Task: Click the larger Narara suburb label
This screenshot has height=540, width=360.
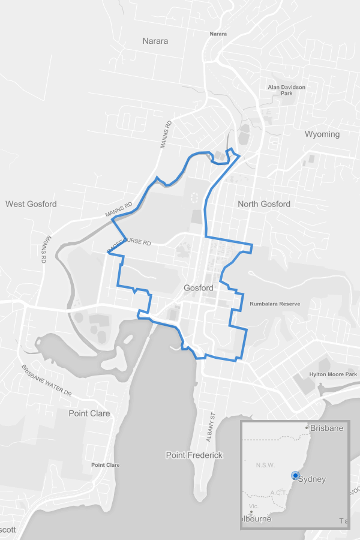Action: pyautogui.click(x=155, y=41)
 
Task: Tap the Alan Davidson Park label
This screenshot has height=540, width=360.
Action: pyautogui.click(x=286, y=90)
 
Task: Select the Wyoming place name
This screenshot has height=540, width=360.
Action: pyautogui.click(x=322, y=134)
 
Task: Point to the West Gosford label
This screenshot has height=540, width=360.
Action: pyautogui.click(x=31, y=204)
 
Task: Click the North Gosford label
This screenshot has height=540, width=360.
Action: pyautogui.click(x=264, y=204)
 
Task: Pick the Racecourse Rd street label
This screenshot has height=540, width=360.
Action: pyautogui.click(x=128, y=246)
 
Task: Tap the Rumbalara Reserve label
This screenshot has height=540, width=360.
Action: pyautogui.click(x=274, y=304)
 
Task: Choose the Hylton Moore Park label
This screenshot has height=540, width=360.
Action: pyautogui.click(x=333, y=374)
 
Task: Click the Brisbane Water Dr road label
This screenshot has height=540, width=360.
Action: pyautogui.click(x=47, y=381)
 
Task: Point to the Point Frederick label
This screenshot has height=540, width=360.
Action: pyautogui.click(x=194, y=455)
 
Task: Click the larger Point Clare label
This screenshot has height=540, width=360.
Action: pyautogui.click(x=89, y=413)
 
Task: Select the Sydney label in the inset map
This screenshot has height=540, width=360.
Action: pyautogui.click(x=312, y=479)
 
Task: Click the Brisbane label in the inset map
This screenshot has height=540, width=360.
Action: pyautogui.click(x=326, y=428)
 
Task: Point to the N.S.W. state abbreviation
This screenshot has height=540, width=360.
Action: pyautogui.click(x=265, y=466)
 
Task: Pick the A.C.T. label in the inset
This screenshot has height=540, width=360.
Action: pyautogui.click(x=280, y=493)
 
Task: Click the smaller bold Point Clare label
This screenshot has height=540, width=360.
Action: pyautogui.click(x=105, y=465)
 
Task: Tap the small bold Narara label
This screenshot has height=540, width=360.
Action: pyautogui.click(x=218, y=34)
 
